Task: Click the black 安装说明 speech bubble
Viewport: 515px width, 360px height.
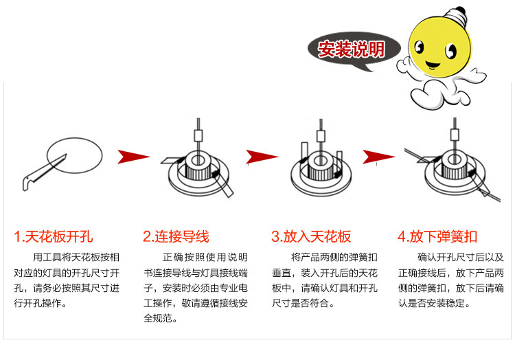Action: point(351,49)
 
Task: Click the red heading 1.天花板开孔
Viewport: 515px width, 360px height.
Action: point(53,237)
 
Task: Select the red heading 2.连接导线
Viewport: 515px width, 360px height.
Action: point(176,237)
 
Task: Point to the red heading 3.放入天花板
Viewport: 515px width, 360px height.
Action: point(311,237)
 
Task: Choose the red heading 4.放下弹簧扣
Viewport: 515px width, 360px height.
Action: point(437,237)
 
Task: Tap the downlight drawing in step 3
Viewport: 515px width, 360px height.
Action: point(319,168)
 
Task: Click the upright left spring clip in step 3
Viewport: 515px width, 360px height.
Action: point(303,153)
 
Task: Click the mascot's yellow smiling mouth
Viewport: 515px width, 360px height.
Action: point(434,67)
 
